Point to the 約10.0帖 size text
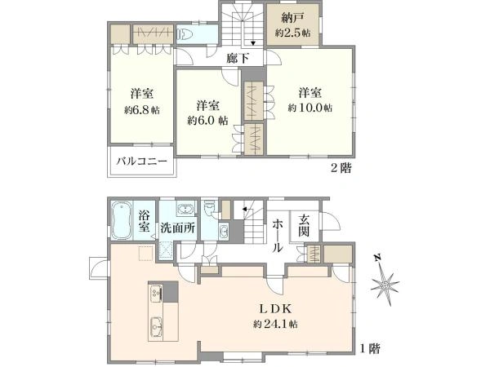click(x=310, y=108)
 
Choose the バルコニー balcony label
click(x=140, y=161)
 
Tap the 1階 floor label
click(x=368, y=347)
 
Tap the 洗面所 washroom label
click(x=178, y=228)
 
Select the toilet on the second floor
click(x=185, y=35)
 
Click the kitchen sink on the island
click(x=155, y=329)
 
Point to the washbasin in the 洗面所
click(x=184, y=207)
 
